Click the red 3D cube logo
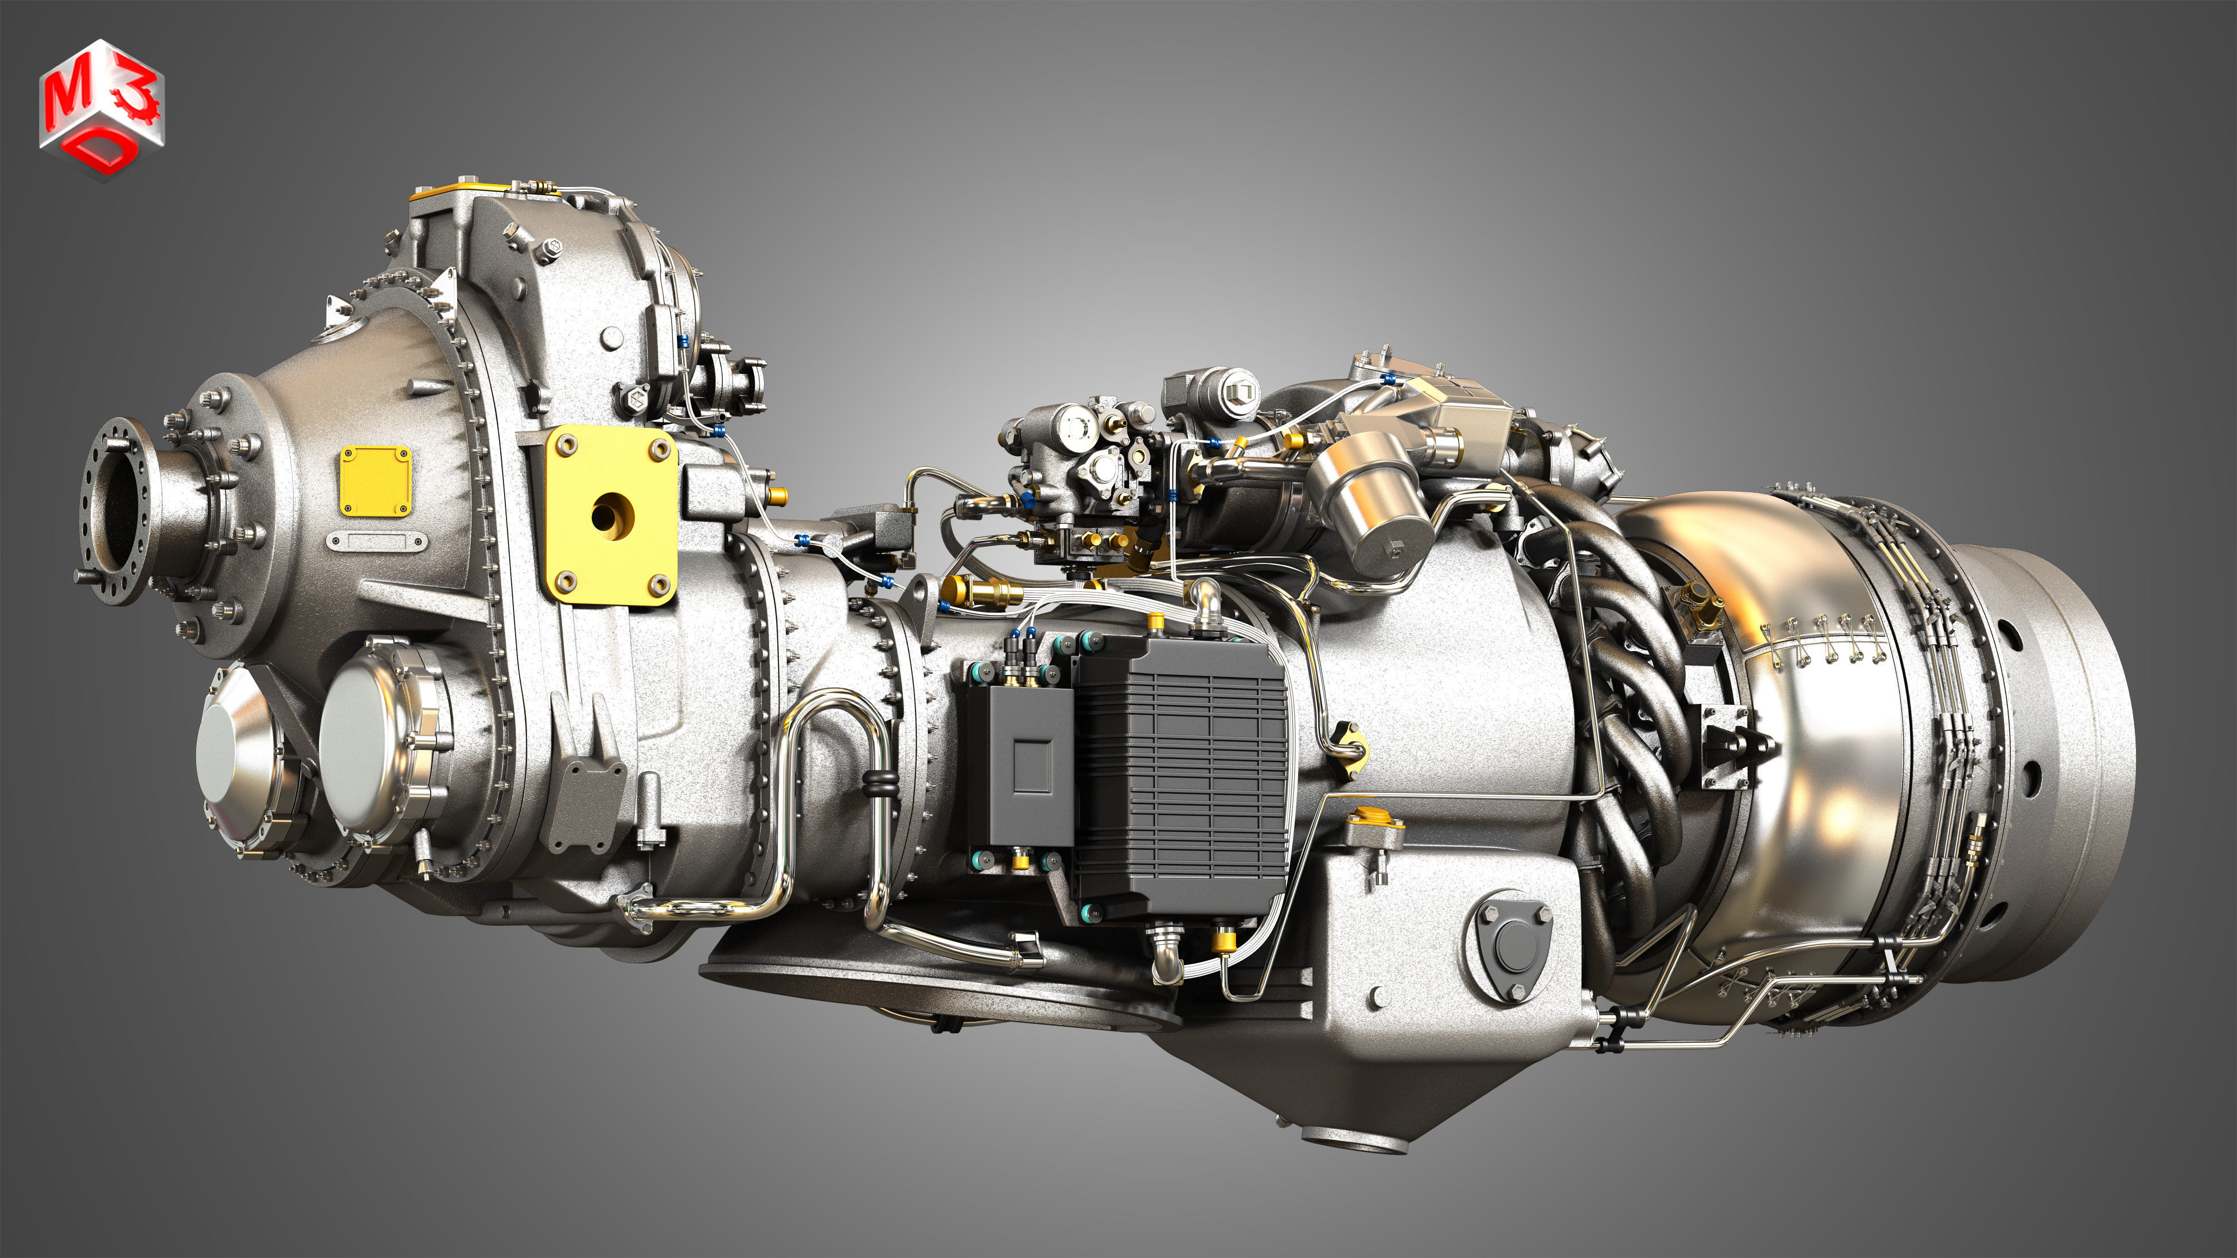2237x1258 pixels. click(102, 108)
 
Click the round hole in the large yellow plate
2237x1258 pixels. click(611, 516)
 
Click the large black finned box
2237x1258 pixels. click(1181, 777)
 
